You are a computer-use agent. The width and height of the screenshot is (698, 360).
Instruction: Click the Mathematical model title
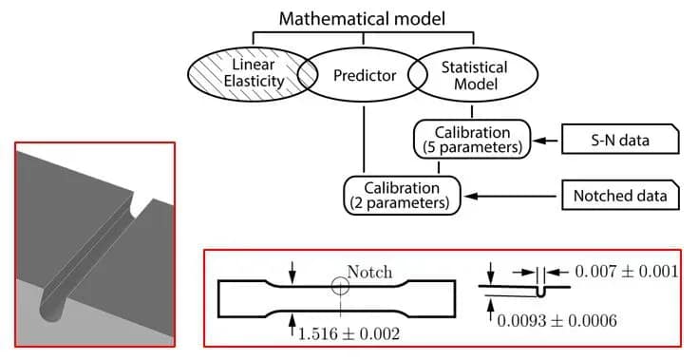(x=362, y=18)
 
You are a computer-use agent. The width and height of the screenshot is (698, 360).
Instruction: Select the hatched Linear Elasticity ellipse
(x=253, y=74)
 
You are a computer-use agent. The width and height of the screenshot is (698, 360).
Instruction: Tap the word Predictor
(x=365, y=75)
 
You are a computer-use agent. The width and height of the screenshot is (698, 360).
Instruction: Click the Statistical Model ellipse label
(x=475, y=75)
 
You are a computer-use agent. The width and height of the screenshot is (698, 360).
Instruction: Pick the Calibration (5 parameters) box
(x=472, y=140)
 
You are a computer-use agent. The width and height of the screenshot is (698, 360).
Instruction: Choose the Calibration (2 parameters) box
(x=402, y=196)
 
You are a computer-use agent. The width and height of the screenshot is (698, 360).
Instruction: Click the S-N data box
(x=620, y=140)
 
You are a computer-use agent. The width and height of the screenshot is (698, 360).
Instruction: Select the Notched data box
(x=620, y=196)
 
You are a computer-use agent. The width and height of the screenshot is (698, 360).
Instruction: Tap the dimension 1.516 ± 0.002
(x=349, y=333)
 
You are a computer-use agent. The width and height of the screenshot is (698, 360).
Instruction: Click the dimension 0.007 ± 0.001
(x=627, y=271)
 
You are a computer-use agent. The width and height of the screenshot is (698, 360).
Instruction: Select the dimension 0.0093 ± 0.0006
(x=557, y=320)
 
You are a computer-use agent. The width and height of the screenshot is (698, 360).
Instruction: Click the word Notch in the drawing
(x=369, y=272)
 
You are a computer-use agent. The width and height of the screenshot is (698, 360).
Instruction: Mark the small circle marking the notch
(x=341, y=287)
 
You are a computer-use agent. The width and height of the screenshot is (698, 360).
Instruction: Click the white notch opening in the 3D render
(x=143, y=205)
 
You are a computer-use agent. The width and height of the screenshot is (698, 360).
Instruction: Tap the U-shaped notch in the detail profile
(x=541, y=292)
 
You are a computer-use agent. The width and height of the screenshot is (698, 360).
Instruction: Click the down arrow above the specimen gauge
(x=292, y=272)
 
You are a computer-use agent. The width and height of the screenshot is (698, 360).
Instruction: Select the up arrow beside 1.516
(x=292, y=325)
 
